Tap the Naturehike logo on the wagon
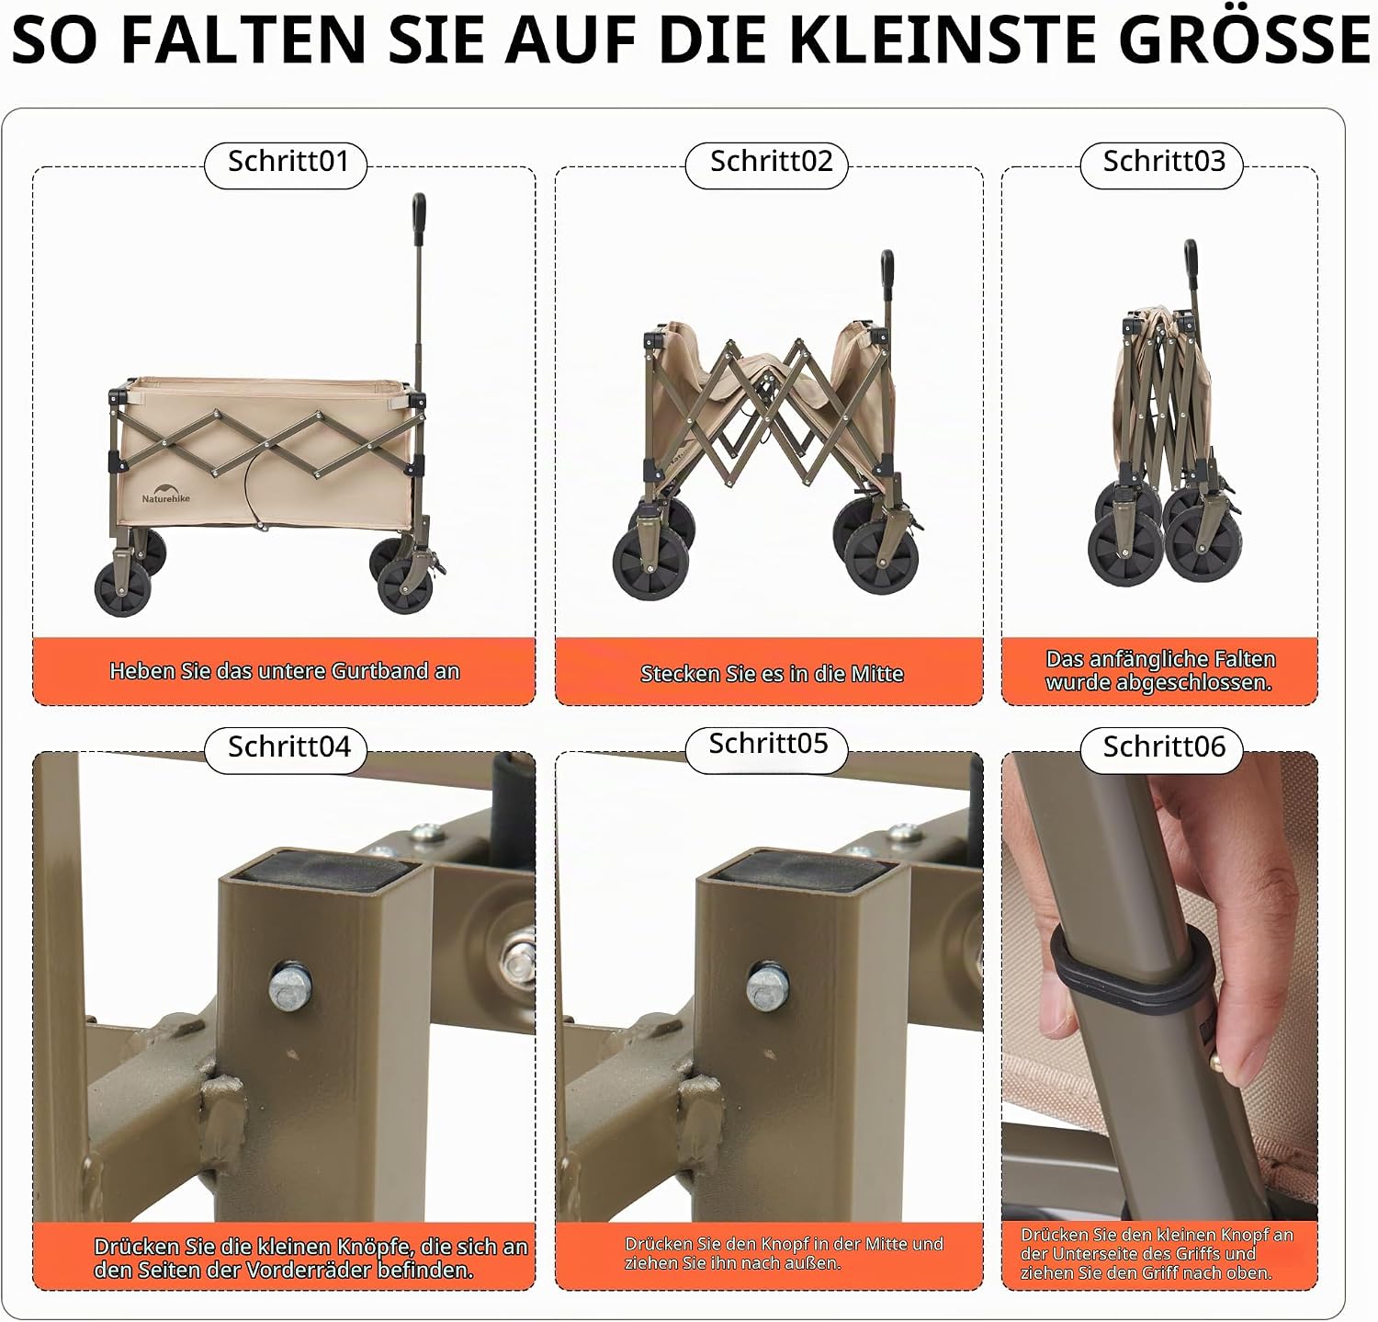(x=166, y=493)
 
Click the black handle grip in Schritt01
(x=419, y=215)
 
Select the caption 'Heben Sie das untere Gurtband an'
(x=284, y=671)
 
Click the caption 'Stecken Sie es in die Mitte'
(x=772, y=674)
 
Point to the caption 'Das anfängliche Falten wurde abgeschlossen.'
(x=1160, y=671)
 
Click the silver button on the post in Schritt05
(x=769, y=986)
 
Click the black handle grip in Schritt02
(x=887, y=273)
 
